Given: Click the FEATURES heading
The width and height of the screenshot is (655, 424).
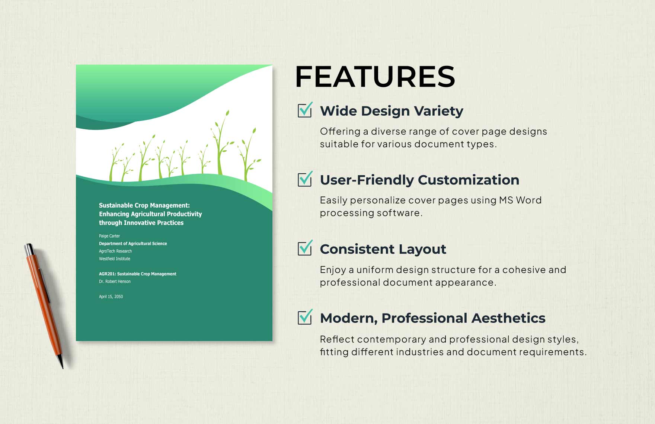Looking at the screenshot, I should coord(375,77).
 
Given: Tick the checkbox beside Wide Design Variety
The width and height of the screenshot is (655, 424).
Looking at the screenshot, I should coord(305,110).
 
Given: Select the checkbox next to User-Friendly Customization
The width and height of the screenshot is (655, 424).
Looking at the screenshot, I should coord(305,180).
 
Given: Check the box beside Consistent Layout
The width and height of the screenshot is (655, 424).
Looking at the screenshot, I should coord(305,248).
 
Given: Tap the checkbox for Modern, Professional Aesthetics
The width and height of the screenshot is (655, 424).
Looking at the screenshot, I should coord(305,318).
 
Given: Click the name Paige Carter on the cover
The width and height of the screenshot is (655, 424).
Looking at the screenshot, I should coord(109,236).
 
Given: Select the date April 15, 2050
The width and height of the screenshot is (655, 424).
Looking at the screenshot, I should coord(111,296).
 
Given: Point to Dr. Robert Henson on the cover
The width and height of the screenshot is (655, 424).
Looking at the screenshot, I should coord(115,282).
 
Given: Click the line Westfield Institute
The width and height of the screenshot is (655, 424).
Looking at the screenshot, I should coord(115,259).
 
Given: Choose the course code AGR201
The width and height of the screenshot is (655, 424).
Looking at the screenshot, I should coord(107,274).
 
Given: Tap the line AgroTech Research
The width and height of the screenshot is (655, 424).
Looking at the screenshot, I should coord(115,251).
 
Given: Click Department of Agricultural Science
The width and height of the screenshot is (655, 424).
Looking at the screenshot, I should coord(133,244).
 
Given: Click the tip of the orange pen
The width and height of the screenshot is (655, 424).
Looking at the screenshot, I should coord(62,367).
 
